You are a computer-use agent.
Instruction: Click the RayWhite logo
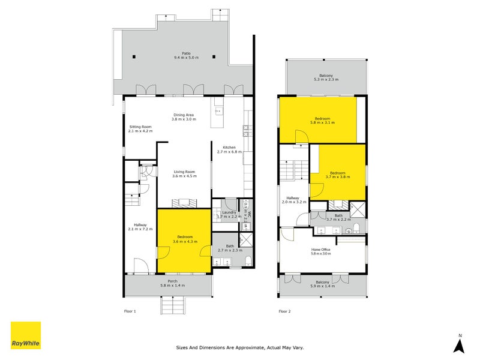click(26, 336)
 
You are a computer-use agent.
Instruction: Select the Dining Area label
click(183, 115)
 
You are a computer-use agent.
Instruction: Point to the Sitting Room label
click(141, 127)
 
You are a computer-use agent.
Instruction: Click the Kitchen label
click(229, 147)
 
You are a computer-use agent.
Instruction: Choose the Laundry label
click(229, 212)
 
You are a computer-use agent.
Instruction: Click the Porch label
click(172, 281)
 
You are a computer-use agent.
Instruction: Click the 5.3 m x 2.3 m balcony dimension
click(326, 80)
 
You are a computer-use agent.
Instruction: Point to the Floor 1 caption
click(130, 311)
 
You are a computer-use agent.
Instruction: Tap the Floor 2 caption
click(284, 311)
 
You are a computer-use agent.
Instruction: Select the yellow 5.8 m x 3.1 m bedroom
click(318, 120)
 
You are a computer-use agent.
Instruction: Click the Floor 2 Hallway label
click(293, 198)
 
